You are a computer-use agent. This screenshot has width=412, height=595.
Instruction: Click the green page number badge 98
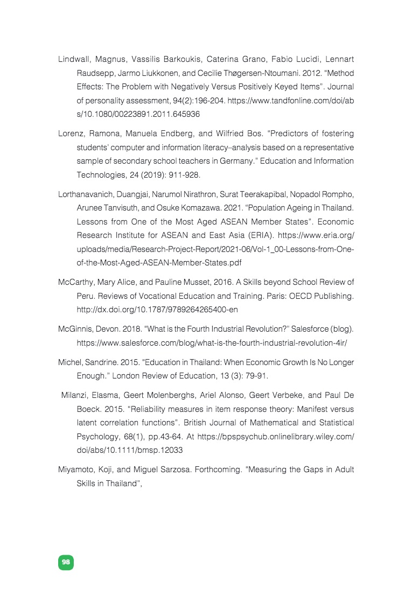(66, 562)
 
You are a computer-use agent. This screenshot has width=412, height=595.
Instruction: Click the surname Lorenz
(72, 134)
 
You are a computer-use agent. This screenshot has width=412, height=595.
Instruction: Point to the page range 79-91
(256, 375)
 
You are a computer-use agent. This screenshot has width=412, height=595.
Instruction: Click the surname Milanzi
(75, 395)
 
